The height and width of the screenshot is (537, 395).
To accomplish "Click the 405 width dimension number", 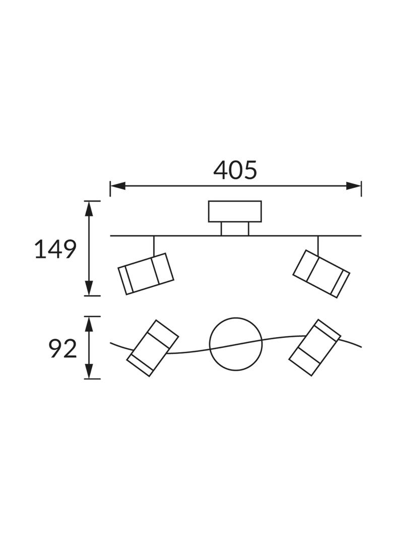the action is point(235,170).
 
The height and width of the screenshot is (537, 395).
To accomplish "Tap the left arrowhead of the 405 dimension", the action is point(117,186).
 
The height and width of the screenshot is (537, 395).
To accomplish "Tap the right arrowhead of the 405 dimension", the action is point(354,186).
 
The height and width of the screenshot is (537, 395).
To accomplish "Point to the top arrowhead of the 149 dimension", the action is point(89,209).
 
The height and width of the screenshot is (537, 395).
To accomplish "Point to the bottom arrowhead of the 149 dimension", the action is point(89,288).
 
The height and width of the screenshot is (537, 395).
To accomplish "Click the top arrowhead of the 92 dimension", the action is point(89,324).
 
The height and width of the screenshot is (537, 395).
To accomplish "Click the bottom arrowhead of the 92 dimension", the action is point(89,371).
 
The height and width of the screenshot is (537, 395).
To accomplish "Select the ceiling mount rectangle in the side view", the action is point(235,212).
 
